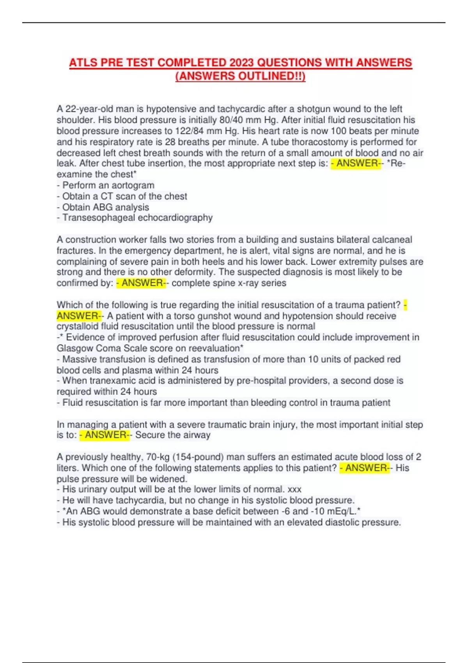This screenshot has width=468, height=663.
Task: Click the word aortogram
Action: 132,185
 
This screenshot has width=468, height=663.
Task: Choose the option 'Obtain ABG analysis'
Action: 105,207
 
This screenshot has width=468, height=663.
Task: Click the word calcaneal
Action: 392,239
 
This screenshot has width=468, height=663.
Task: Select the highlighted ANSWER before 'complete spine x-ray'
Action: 142,283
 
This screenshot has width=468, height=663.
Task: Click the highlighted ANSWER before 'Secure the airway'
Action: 105,435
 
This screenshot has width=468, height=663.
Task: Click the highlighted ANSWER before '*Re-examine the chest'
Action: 356,163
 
